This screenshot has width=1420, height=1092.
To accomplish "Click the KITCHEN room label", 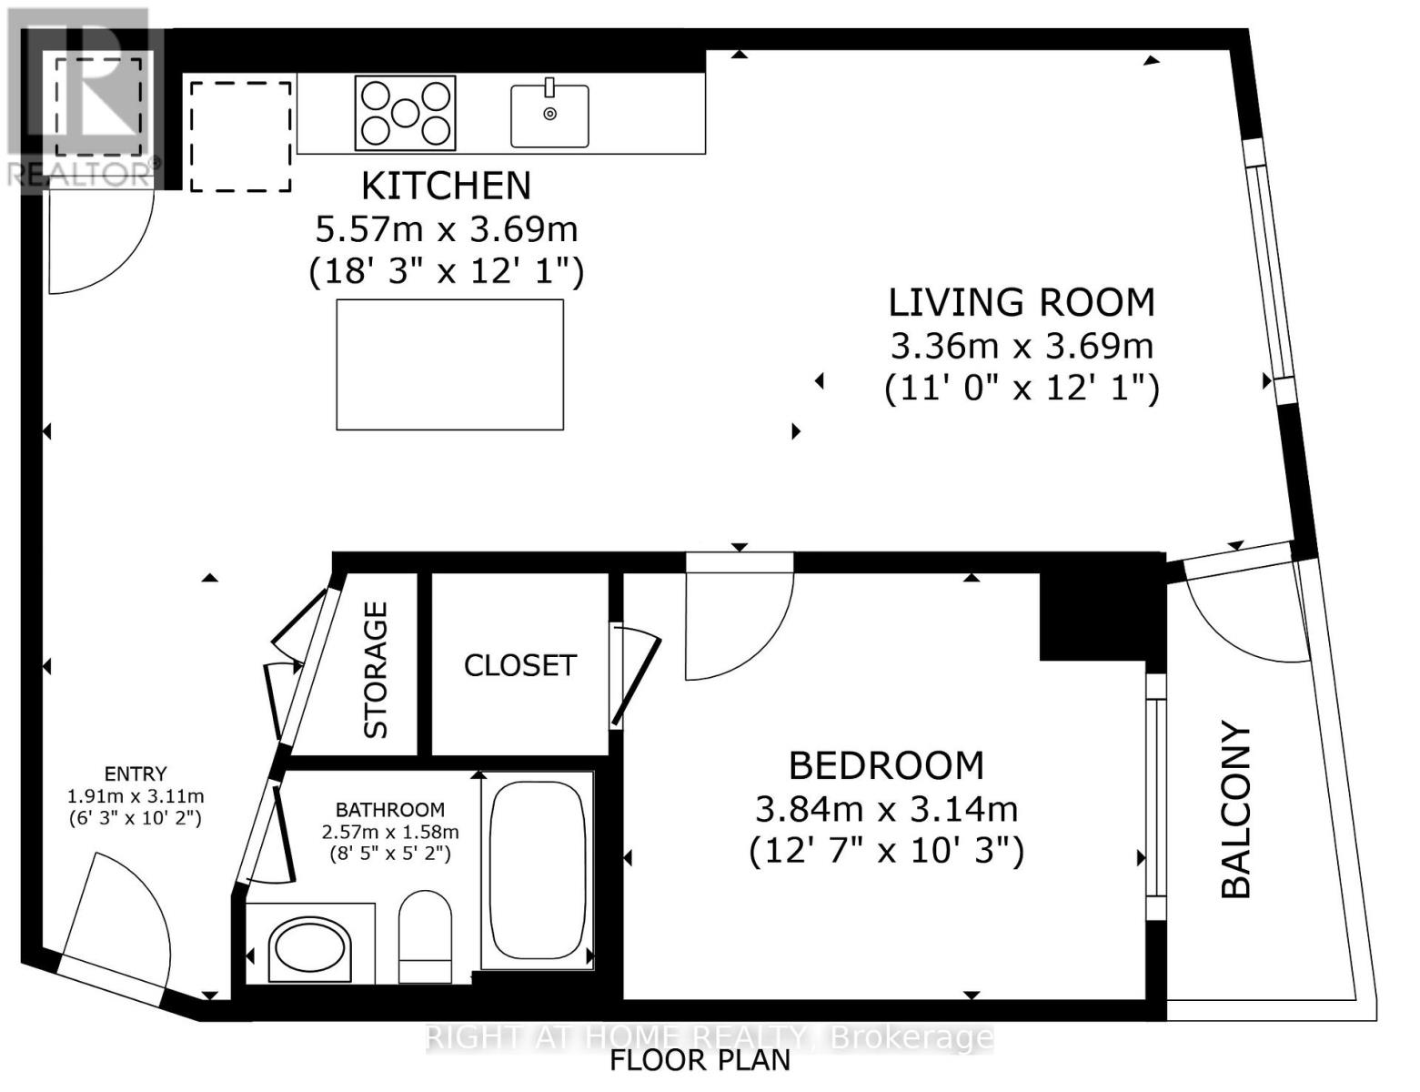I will [x=446, y=186].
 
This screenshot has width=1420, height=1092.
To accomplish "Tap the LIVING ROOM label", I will [x=1021, y=302].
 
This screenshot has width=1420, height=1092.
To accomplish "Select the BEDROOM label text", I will [x=886, y=765].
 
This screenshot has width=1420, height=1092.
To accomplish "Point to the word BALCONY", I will [x=1236, y=810].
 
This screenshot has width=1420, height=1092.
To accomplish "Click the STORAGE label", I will [x=376, y=670].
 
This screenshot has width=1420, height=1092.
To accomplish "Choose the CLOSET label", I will [x=519, y=665].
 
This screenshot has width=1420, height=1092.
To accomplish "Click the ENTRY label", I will [x=136, y=773].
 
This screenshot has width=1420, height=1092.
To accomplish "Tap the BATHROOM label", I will [x=389, y=809].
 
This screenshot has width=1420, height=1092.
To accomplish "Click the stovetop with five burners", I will [x=405, y=113].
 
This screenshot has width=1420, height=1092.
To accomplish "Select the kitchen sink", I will [x=549, y=115].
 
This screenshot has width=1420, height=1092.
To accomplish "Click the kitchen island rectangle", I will [x=449, y=364].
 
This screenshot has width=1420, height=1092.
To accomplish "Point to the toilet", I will [x=425, y=935].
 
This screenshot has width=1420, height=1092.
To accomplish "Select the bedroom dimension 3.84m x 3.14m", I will [x=886, y=808].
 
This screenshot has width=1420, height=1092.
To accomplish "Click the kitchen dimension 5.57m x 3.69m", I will [x=446, y=228].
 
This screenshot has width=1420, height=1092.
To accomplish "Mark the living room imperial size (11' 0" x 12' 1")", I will [x=1021, y=389].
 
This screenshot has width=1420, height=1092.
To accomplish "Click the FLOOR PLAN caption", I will [x=699, y=1060].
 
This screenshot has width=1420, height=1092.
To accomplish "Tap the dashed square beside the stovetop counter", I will [x=240, y=136].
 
